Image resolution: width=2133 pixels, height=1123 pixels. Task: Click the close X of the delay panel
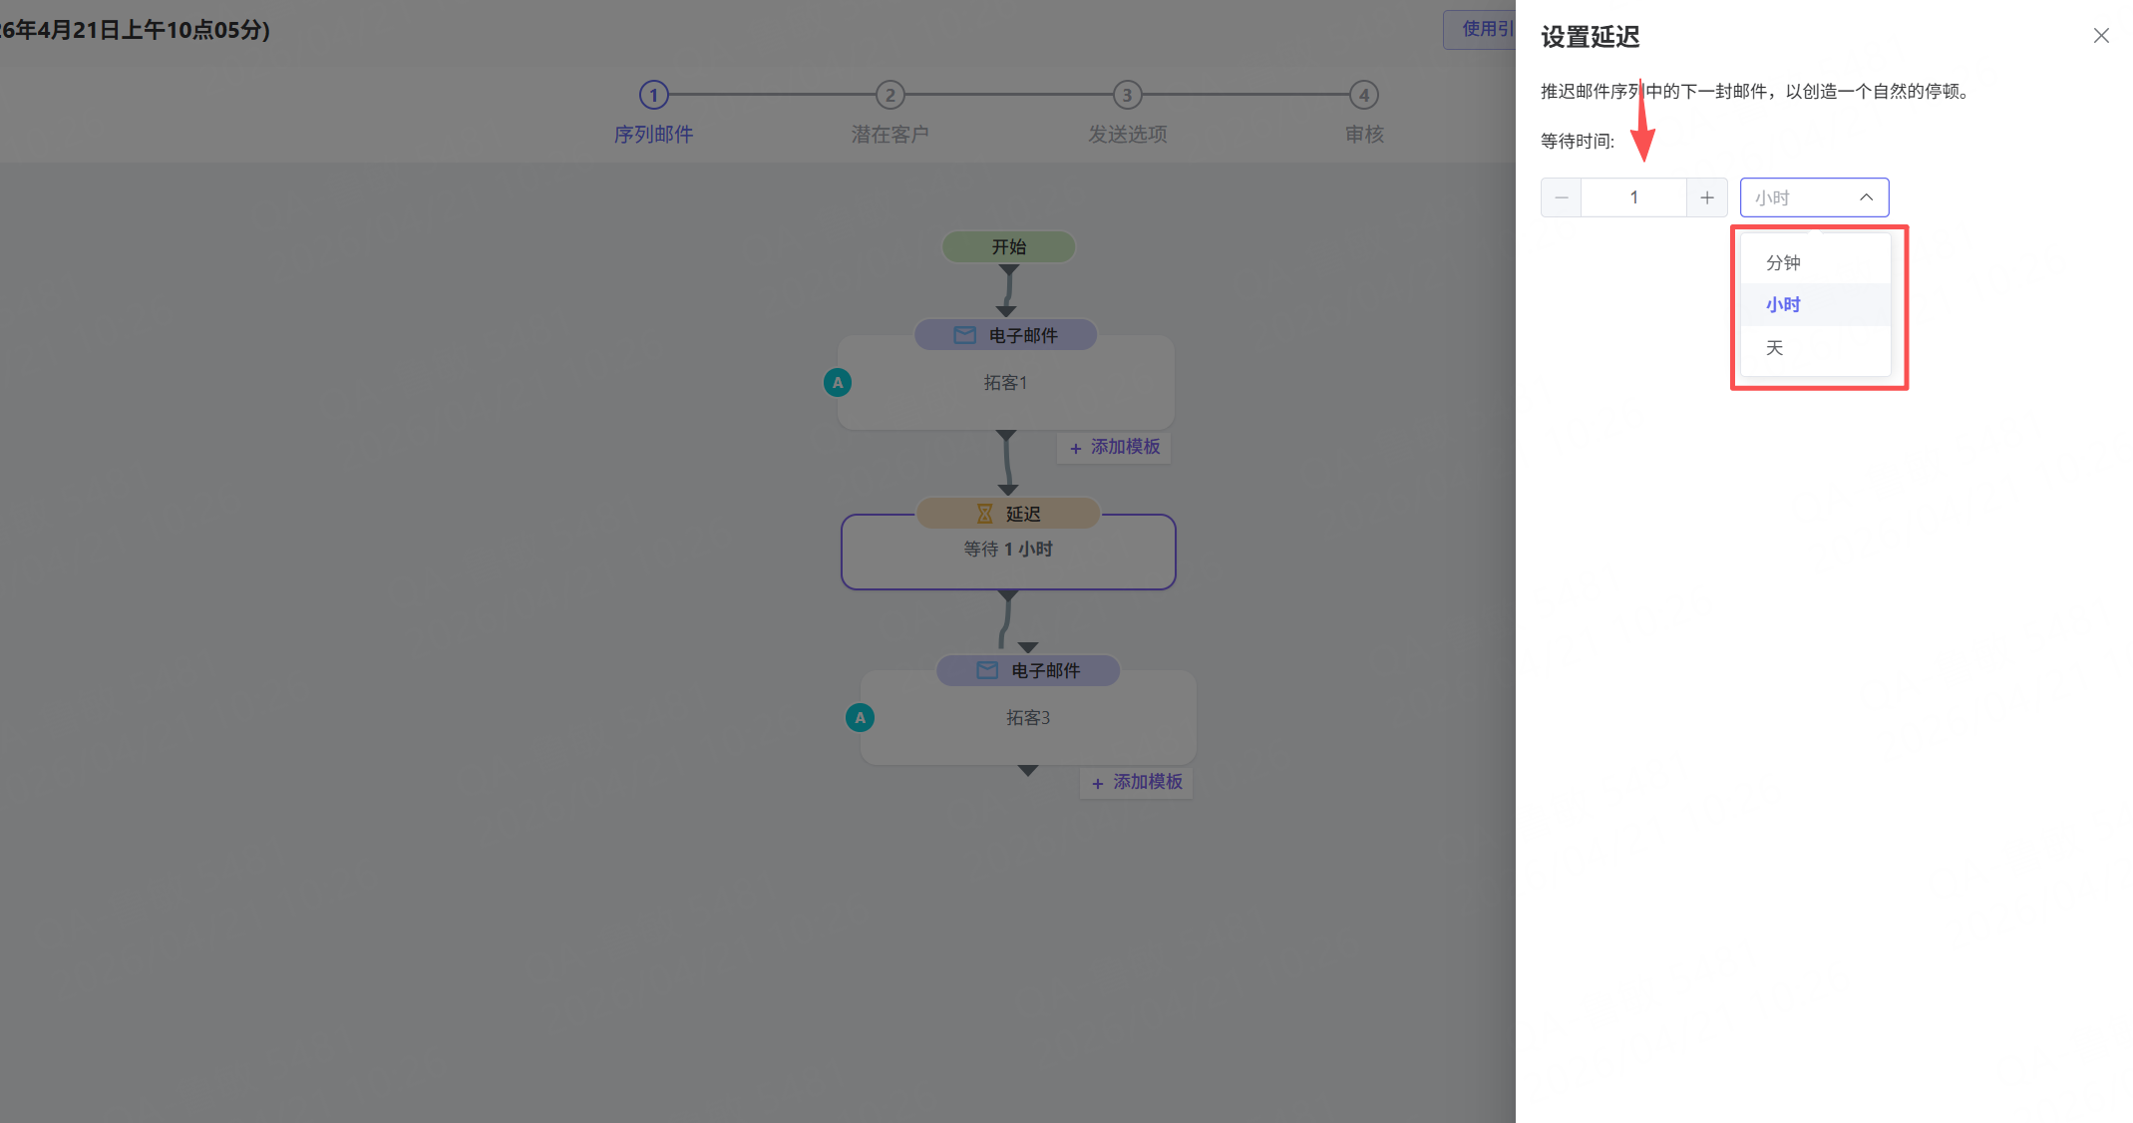coord(2100,36)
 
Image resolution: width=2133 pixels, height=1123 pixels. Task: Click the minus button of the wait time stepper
coord(1561,197)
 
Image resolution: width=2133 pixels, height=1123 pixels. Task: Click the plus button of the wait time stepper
coord(1706,197)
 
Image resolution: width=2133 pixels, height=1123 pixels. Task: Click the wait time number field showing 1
coord(1633,197)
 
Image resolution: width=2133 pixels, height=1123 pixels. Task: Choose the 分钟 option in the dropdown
coord(1783,263)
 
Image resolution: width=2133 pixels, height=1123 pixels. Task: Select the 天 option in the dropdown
coord(1775,348)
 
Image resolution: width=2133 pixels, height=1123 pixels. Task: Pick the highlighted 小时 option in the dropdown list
coord(1783,305)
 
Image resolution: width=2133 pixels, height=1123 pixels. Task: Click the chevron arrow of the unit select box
coord(1866,197)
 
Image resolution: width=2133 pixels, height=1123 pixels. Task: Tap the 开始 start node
coord(1008,246)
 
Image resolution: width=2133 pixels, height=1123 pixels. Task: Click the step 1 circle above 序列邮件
coord(653,96)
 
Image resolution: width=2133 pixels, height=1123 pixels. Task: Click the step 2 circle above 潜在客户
coord(889,96)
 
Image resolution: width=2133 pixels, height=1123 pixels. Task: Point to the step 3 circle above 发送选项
coord(1127,96)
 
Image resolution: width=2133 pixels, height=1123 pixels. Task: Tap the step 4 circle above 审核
coord(1363,96)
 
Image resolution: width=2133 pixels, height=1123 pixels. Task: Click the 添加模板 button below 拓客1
coord(1115,448)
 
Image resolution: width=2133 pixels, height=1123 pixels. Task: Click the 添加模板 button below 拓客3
coord(1137,783)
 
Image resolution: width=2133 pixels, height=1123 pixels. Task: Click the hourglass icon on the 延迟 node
coord(984,514)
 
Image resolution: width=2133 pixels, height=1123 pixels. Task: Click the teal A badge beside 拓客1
coord(838,383)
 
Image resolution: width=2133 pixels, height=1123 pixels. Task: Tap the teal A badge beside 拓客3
coord(860,718)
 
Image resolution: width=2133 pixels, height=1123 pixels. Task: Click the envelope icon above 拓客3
coord(987,670)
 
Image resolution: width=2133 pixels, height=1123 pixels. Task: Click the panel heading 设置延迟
coord(1590,38)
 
